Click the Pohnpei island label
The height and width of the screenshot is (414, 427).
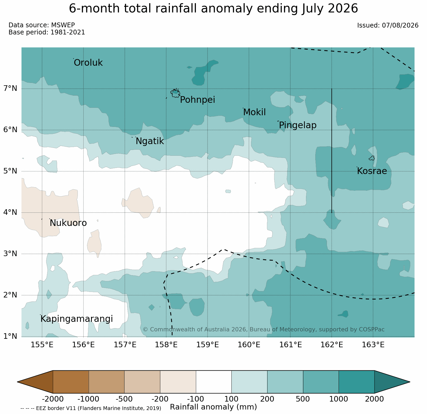tap(197, 100)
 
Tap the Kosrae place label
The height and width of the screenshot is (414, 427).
tap(372, 171)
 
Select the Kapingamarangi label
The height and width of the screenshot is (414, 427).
tap(77, 319)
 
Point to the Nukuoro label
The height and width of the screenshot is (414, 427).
tap(68, 223)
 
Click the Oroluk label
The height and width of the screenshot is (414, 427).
tap(88, 63)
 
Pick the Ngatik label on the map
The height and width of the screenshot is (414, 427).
tap(150, 141)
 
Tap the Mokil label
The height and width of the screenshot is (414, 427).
tap(254, 112)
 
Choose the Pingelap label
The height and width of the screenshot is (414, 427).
tap(298, 125)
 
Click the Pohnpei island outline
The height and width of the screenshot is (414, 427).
tap(175, 93)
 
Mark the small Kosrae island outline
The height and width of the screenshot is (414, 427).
tap(372, 158)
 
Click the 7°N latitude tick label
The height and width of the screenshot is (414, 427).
tap(10, 88)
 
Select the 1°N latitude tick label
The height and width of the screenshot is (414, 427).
tap(10, 336)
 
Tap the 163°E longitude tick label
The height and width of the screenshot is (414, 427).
tap(373, 345)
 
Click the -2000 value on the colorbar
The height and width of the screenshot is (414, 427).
tap(53, 399)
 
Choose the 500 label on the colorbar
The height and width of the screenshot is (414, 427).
tap(303, 399)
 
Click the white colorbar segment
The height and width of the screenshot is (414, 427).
tap(214, 382)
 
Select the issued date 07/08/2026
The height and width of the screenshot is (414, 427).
tap(400, 25)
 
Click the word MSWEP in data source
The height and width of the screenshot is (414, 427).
tap(63, 25)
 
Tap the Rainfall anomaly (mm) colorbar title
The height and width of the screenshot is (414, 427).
tap(213, 407)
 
